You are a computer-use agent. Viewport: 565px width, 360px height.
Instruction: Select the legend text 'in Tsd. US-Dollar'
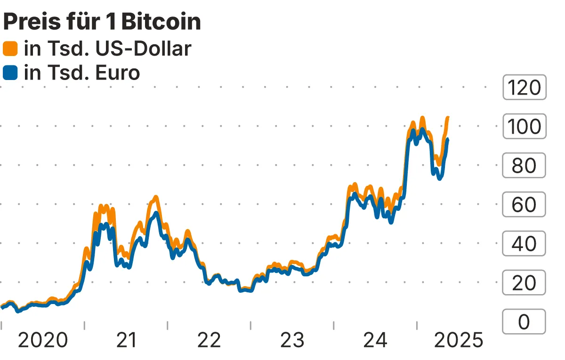coord(107,48)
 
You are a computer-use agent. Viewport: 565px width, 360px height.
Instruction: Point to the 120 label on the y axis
coord(524,87)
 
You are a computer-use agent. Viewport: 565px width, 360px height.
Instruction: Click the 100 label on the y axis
coord(524,126)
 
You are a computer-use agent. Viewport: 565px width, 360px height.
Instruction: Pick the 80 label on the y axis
coord(524,165)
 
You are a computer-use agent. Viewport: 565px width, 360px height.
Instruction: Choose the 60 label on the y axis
coord(524,205)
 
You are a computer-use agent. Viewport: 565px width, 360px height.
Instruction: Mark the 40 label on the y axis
coord(524,244)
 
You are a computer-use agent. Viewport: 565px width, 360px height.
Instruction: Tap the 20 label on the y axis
coord(524,283)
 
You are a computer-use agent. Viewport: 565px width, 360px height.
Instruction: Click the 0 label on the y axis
coord(524,322)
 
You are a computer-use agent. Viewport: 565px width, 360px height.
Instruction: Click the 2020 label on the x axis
coord(43,340)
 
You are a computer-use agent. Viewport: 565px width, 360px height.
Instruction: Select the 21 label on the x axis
coord(126,340)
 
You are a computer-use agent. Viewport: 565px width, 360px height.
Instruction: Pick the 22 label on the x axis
coord(209,340)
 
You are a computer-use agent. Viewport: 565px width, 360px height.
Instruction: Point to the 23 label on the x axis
coord(292,340)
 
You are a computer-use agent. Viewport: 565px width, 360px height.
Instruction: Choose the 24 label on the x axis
coord(375,340)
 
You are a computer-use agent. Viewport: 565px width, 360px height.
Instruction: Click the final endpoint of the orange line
coord(448,117)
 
